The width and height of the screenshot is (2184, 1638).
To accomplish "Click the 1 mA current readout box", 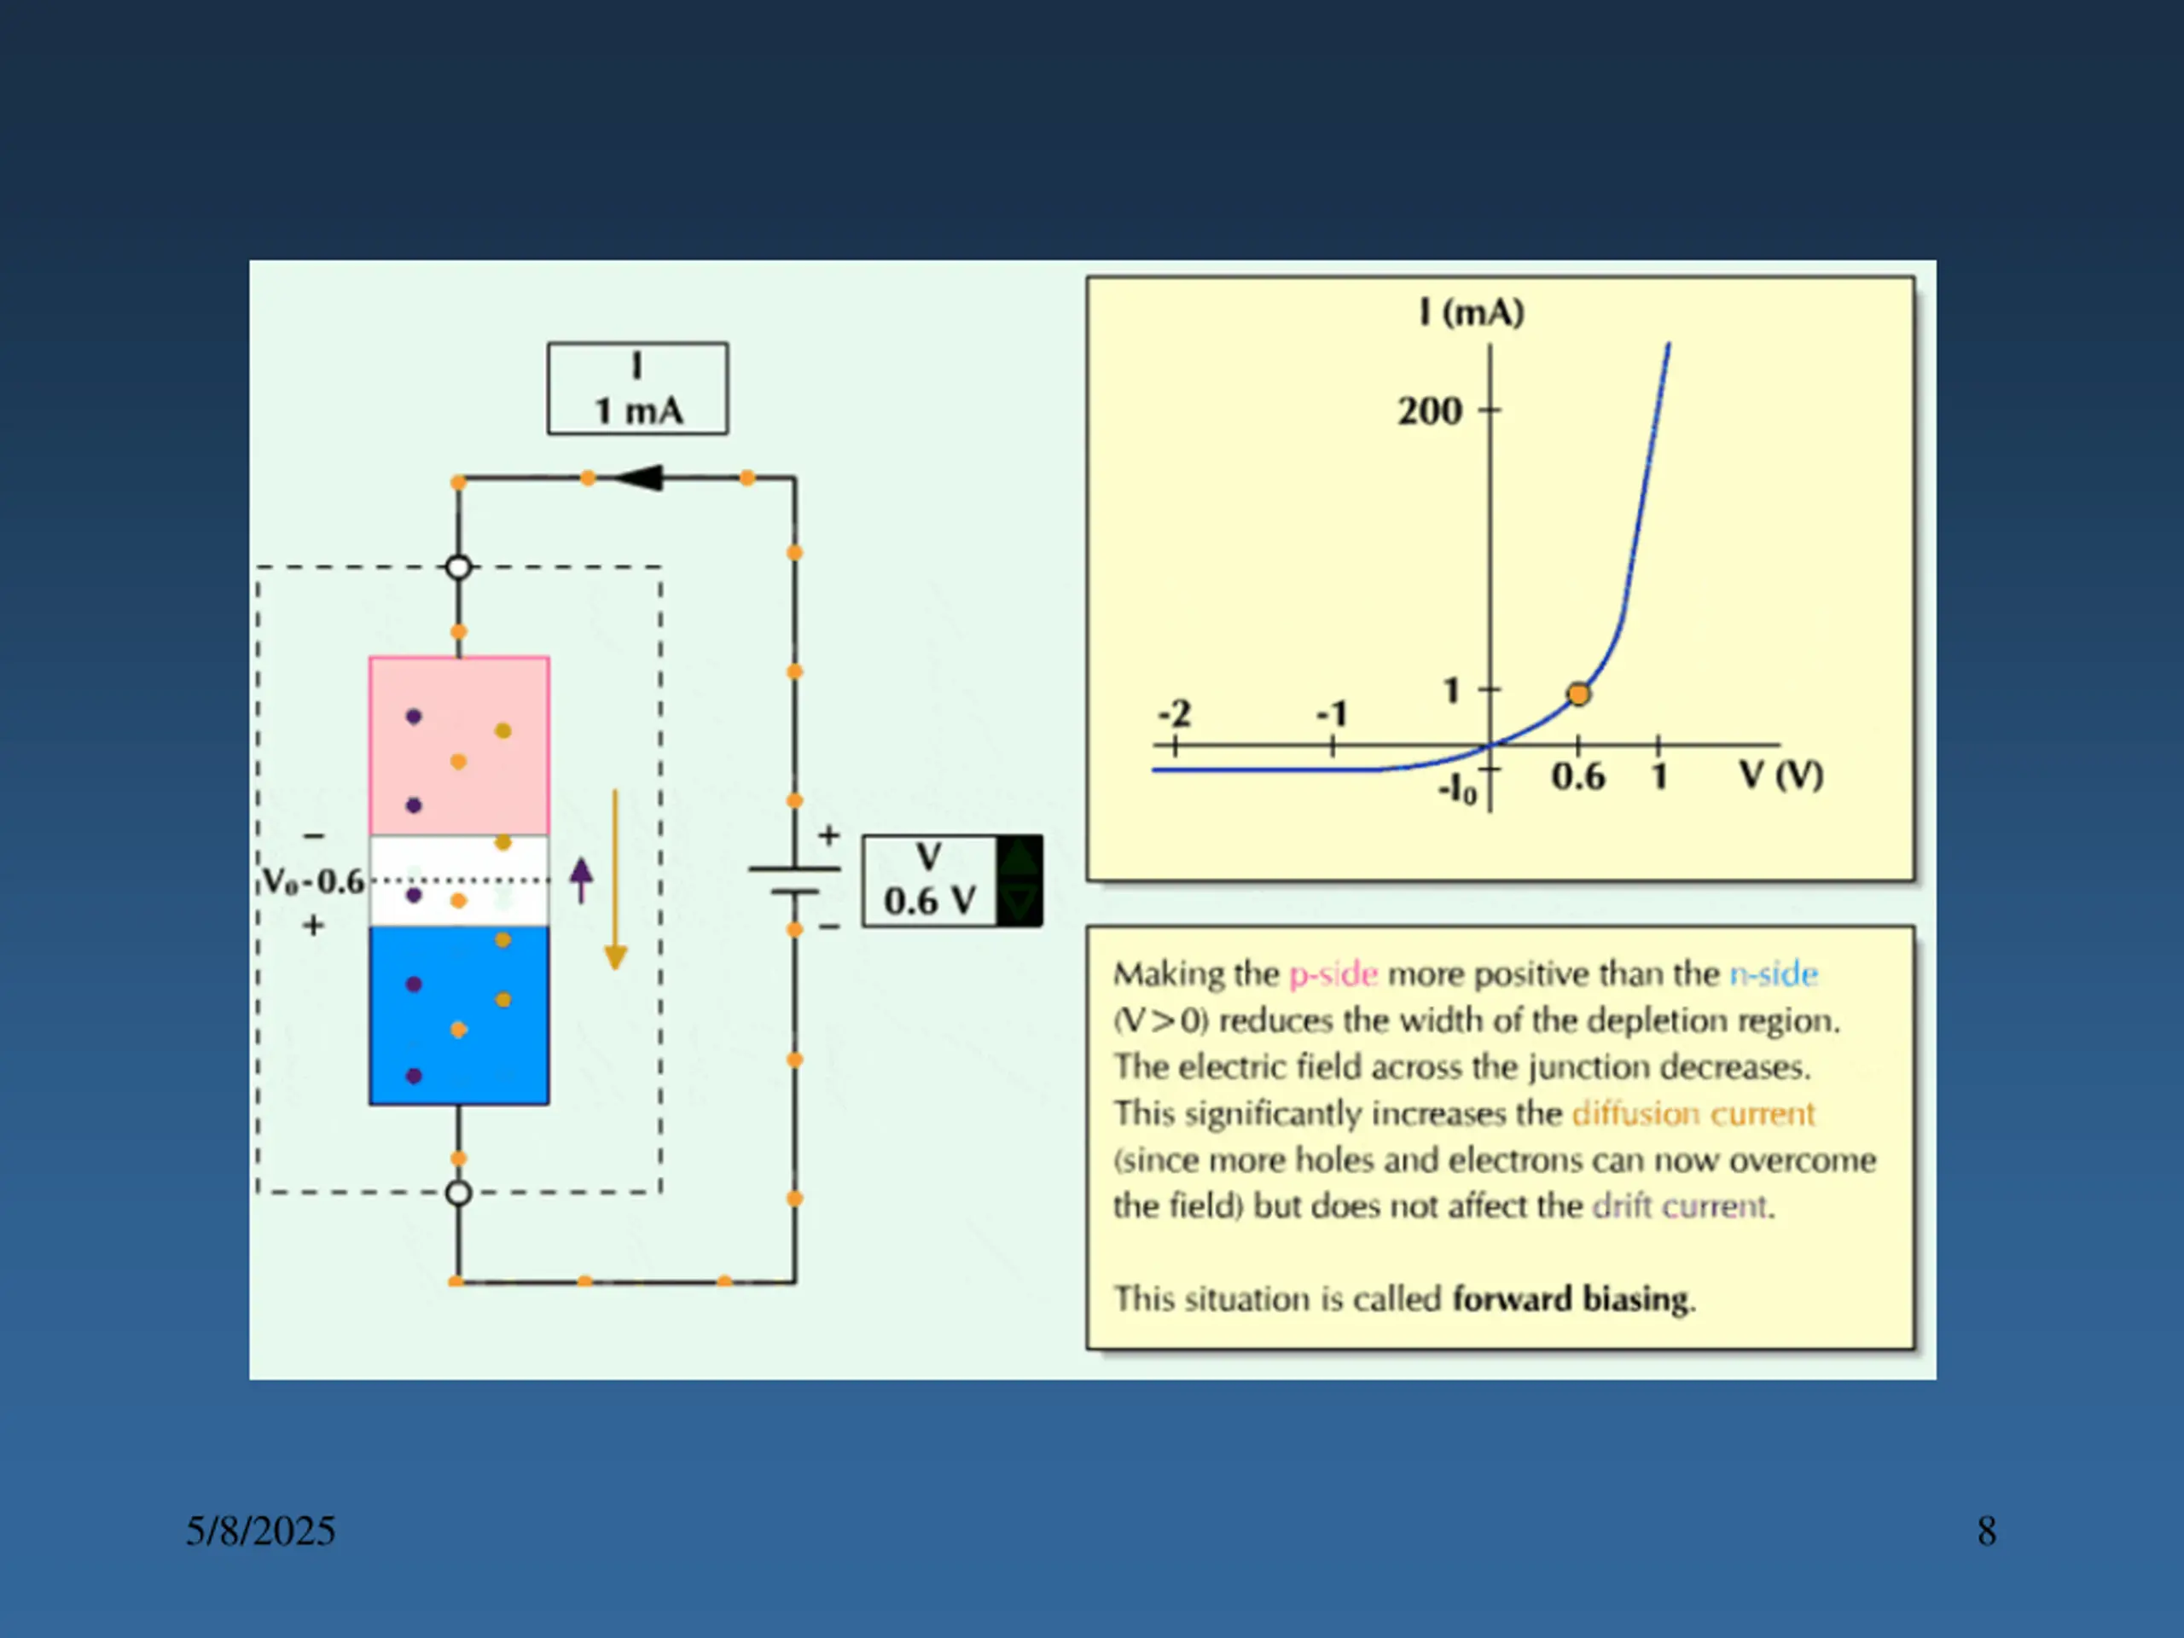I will point(638,389).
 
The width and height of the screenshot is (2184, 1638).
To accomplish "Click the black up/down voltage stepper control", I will point(1019,880).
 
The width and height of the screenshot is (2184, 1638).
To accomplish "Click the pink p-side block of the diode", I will point(459,746).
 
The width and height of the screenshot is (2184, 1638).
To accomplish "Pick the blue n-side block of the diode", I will point(459,1015).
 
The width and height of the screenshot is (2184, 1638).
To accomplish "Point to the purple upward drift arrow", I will point(582,880).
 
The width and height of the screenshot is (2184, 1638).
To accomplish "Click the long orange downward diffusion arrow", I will point(615,880).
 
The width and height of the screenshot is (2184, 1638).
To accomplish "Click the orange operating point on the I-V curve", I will point(1579,694).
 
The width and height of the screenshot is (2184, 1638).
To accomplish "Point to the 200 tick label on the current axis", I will point(1429,410).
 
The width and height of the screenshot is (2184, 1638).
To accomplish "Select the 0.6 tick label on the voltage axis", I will point(1577,777).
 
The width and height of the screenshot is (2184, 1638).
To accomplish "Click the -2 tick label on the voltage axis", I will point(1174,713).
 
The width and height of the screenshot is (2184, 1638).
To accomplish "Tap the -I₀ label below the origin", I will point(1457,790).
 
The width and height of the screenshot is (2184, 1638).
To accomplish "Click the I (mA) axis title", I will point(1471,313).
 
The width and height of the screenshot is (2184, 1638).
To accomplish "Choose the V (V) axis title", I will point(1780,775).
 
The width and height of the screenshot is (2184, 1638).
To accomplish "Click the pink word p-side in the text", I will point(1333,974).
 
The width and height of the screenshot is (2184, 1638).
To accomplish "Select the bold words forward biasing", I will point(1571,1298).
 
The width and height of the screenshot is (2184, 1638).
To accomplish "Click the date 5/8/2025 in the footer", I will point(261,1531).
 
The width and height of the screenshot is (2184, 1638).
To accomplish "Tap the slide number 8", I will point(1987,1531).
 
